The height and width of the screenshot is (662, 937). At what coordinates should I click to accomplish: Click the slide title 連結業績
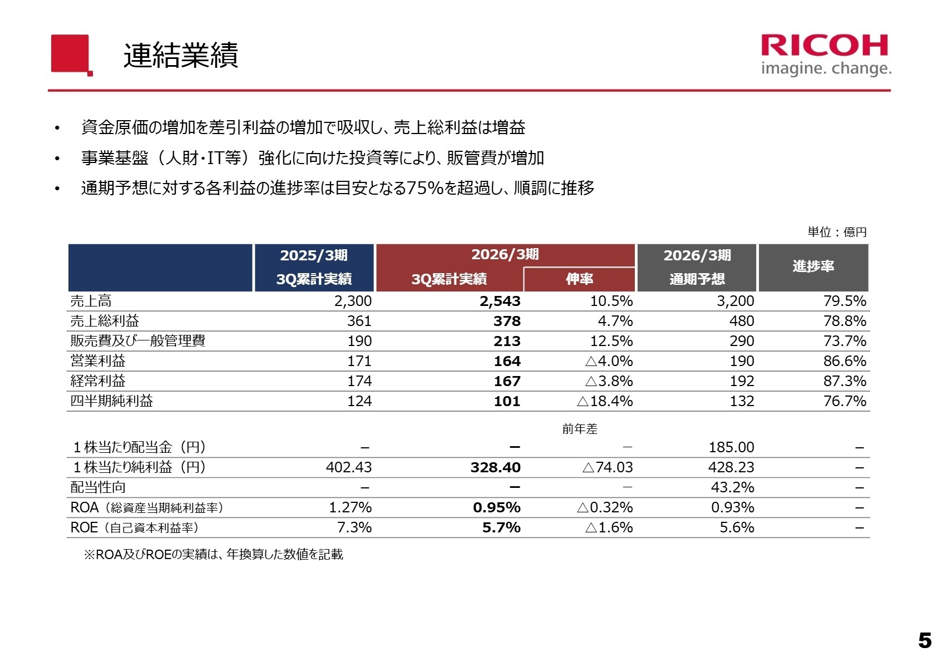181,55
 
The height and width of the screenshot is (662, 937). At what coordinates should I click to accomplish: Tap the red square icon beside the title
71,54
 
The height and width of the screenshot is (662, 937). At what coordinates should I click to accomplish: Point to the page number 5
924,641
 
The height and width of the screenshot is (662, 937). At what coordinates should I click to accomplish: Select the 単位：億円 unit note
837,232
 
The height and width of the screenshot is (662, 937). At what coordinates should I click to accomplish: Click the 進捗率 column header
813,266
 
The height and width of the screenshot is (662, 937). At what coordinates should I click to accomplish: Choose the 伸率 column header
579,279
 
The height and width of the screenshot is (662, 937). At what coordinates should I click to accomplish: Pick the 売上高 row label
91,301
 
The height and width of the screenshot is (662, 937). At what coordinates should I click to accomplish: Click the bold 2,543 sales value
500,301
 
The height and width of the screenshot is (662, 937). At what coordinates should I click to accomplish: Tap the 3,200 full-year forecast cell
735,301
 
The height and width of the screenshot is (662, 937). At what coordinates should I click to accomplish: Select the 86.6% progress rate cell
844,361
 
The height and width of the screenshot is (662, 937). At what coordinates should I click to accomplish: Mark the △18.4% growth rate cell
605,401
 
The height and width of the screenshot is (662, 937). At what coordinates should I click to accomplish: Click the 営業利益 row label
98,361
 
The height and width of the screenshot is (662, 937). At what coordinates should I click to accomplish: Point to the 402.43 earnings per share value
348,467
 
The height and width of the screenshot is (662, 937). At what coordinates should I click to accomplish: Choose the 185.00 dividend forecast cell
731,447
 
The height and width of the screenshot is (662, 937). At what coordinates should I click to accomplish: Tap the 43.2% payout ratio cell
732,487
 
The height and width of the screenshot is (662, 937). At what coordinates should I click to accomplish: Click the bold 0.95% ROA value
496,507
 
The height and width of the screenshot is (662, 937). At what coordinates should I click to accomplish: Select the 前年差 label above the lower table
579,429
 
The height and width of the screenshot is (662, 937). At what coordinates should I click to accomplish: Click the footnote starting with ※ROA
213,554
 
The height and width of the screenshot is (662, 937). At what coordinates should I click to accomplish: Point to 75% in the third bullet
425,188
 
